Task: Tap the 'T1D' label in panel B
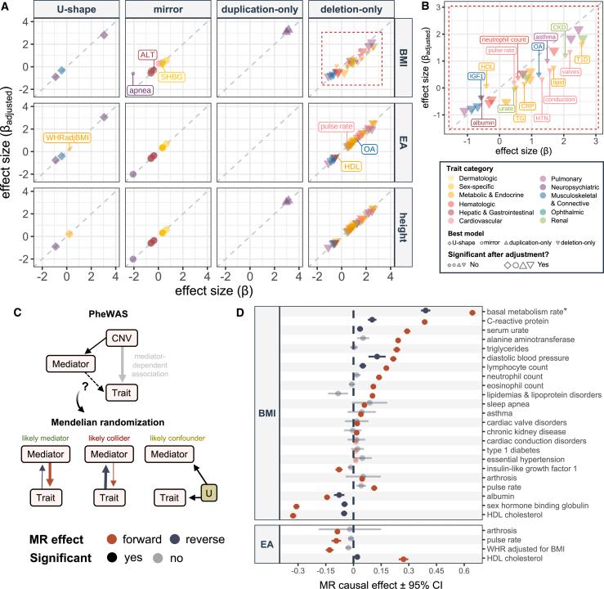pyautogui.click(x=583, y=60)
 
